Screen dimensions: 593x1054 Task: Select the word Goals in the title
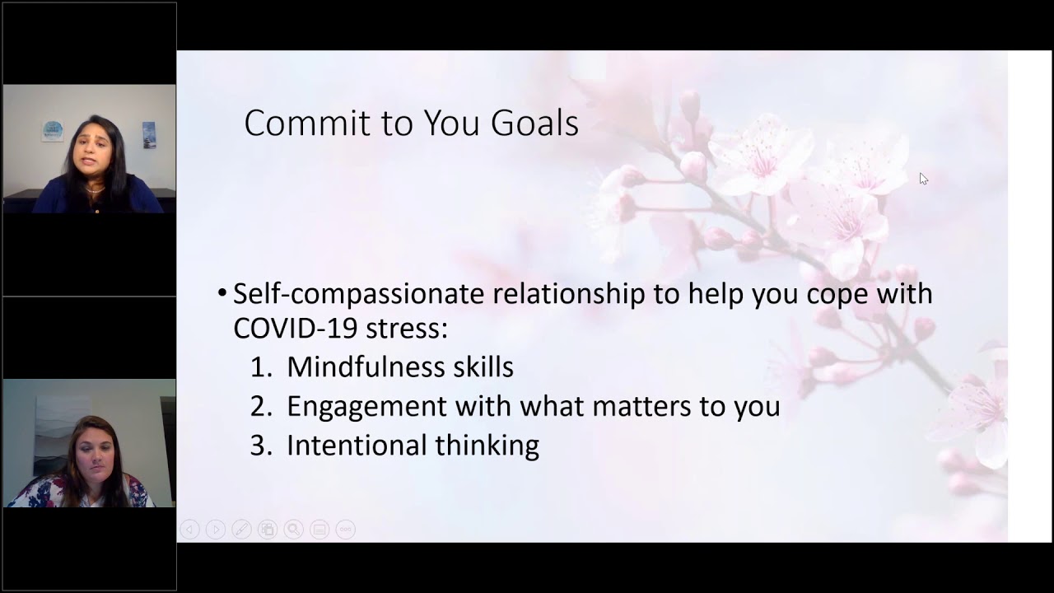tap(534, 124)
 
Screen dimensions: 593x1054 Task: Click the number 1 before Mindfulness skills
tap(259, 367)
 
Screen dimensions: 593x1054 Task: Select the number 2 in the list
tap(259, 406)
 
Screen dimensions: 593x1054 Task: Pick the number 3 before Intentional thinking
tap(259, 446)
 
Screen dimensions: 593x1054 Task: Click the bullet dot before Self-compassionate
tap(222, 294)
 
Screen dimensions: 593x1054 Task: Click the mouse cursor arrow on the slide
tap(923, 179)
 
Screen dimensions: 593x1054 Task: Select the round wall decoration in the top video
tap(53, 130)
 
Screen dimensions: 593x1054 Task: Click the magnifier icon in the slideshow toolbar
tap(293, 530)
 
